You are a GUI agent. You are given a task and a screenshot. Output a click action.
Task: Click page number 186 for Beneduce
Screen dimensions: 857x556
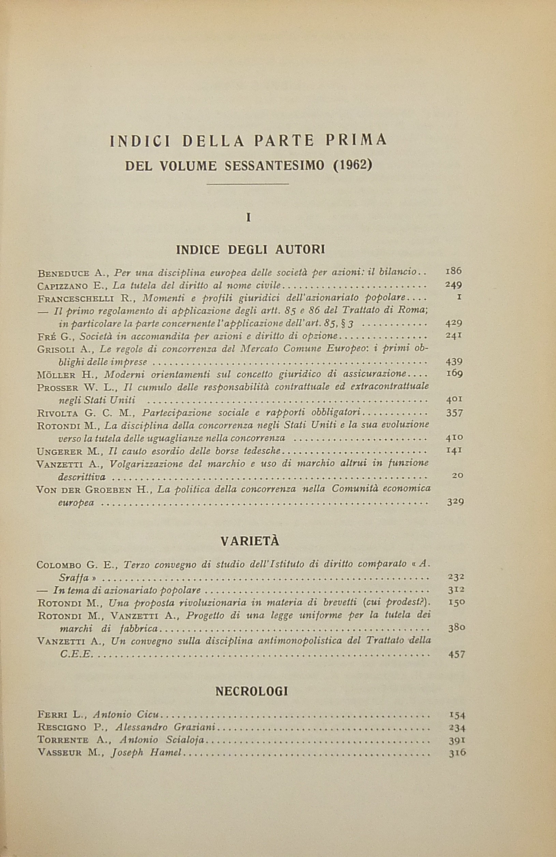pyautogui.click(x=453, y=271)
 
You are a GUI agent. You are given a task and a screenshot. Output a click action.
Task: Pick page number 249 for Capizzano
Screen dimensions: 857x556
pyautogui.click(x=453, y=285)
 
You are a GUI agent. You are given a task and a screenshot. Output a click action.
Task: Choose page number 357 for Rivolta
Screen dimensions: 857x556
pyautogui.click(x=454, y=413)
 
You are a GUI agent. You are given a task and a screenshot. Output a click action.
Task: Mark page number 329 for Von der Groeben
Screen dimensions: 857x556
pyautogui.click(x=455, y=502)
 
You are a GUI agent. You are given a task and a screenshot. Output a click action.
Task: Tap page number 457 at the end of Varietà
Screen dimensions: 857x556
pyautogui.click(x=456, y=654)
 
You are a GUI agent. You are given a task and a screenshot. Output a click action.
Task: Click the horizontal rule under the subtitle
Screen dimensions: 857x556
pyautogui.click(x=248, y=184)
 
